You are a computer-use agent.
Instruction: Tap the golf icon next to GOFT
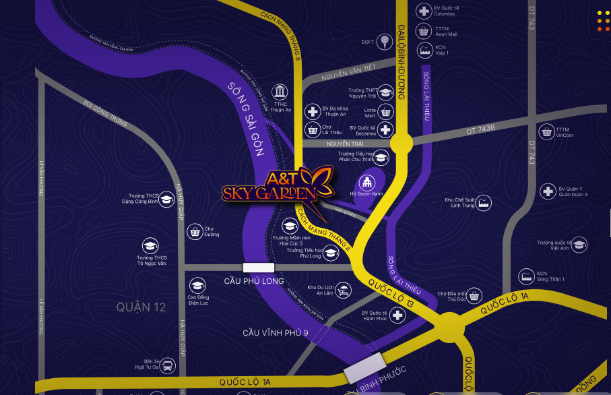[384, 42]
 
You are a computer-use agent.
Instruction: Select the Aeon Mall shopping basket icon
[424, 31]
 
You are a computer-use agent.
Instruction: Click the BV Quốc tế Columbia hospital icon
[424, 11]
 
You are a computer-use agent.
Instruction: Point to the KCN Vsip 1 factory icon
[424, 50]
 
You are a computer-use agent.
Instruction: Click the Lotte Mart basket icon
[385, 111]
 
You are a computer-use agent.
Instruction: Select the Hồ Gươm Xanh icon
[366, 183]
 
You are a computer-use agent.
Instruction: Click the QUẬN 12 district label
[141, 307]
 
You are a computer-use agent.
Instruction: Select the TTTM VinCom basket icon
[546, 131]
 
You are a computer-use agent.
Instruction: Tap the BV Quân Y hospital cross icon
[548, 191]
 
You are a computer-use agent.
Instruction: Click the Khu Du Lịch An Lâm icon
[344, 291]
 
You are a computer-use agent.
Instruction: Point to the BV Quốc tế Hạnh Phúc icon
[398, 315]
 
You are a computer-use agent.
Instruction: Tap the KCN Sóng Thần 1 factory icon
[527, 276]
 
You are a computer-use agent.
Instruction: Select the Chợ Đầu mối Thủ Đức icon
[475, 295]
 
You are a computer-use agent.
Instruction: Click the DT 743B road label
[481, 128]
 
